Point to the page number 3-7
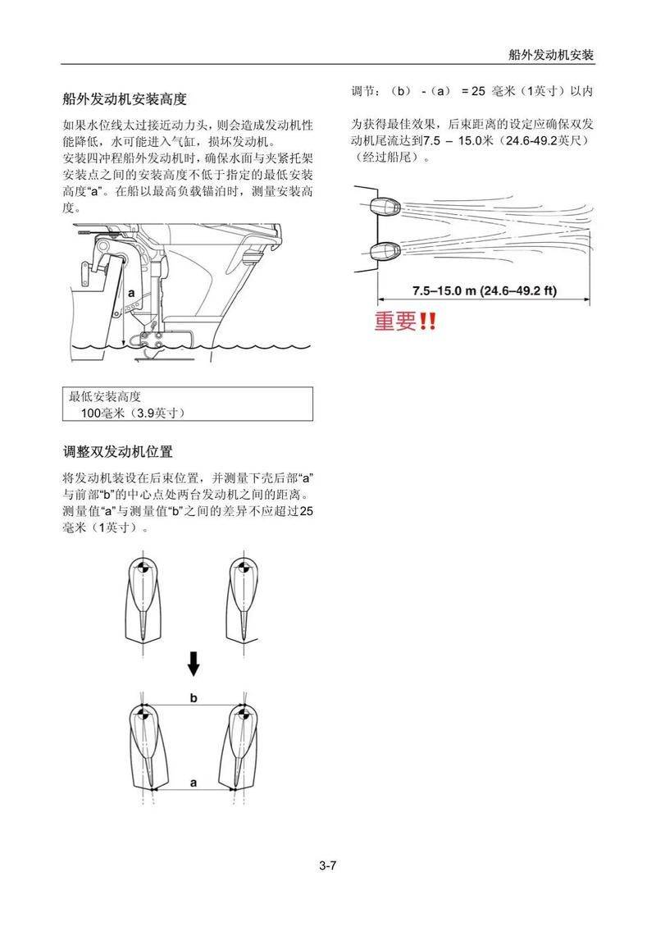click(x=328, y=865)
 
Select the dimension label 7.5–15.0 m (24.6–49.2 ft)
click(x=485, y=290)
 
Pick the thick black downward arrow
click(x=194, y=662)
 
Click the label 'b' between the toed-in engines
click(x=194, y=697)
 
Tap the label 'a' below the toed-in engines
click(x=194, y=782)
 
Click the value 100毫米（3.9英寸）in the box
click(x=132, y=413)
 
